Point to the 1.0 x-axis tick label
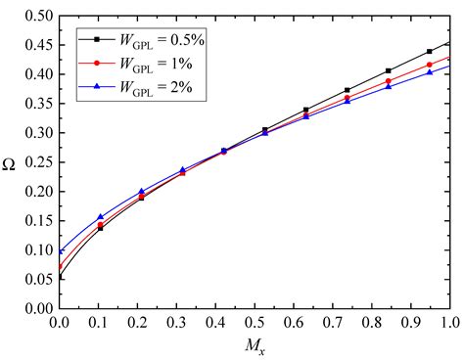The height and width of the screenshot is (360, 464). (450, 322)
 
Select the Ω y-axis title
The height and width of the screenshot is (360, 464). (11, 161)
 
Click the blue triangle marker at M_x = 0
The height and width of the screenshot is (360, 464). (60, 251)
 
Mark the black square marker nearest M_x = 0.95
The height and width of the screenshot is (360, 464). (430, 51)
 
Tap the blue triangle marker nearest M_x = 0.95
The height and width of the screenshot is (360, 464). (430, 72)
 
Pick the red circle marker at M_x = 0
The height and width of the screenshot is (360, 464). (60, 266)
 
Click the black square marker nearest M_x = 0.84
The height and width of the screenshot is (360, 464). (389, 70)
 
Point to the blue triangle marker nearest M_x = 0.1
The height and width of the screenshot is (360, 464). (101, 217)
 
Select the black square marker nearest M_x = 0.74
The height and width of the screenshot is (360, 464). (348, 90)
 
